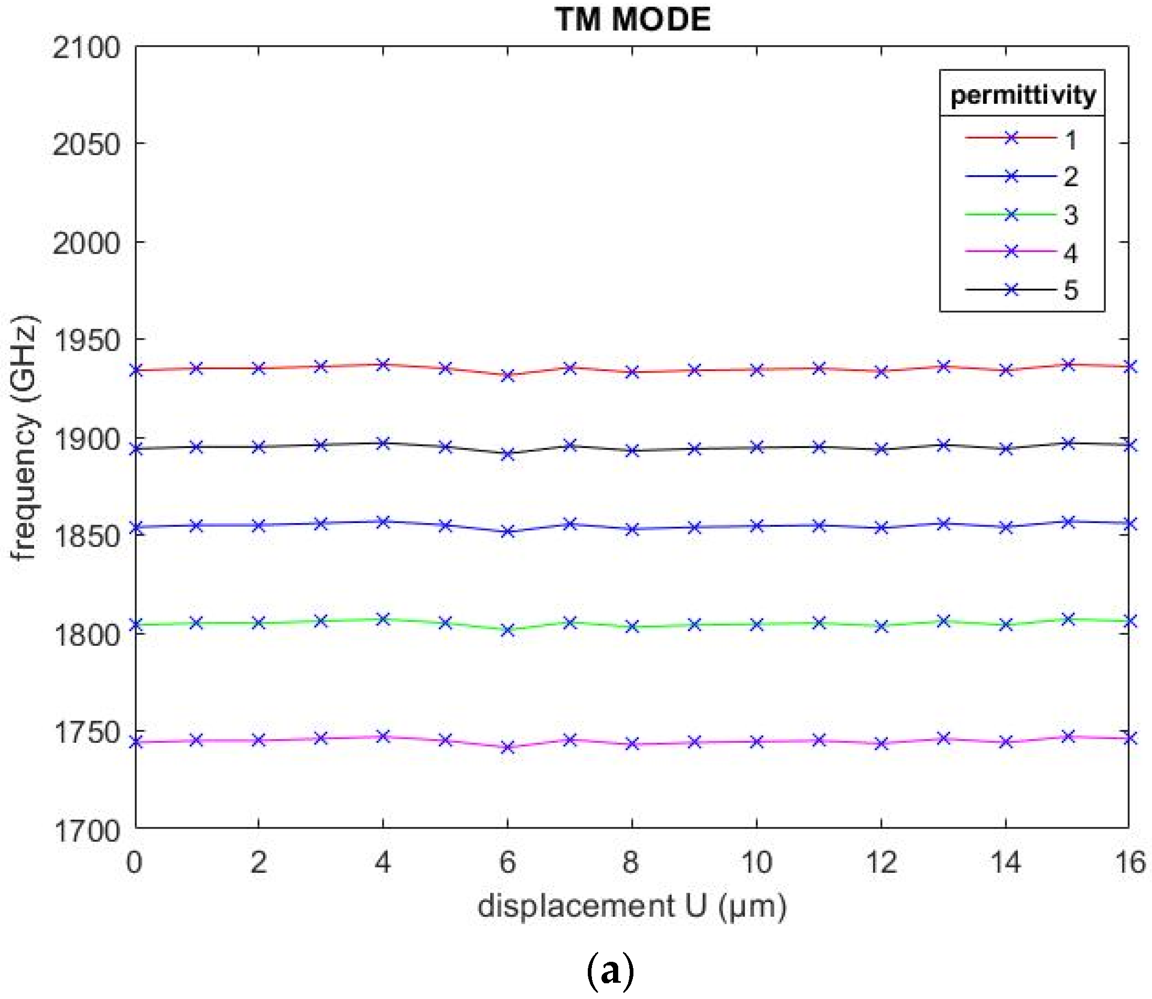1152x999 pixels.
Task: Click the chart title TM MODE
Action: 632,20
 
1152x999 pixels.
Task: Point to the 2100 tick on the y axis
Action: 87,48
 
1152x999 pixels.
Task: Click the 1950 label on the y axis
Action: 87,341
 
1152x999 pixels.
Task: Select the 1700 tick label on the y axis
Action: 87,830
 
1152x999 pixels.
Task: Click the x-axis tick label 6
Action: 507,862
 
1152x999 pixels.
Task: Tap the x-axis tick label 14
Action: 1005,862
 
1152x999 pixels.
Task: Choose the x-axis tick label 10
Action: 756,862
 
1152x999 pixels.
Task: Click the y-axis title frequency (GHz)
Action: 25,438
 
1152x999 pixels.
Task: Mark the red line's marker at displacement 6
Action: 507,376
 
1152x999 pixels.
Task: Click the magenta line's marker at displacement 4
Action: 382,736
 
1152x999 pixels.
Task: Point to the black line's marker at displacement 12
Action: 881,449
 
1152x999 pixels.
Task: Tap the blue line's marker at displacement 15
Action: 1067,523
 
